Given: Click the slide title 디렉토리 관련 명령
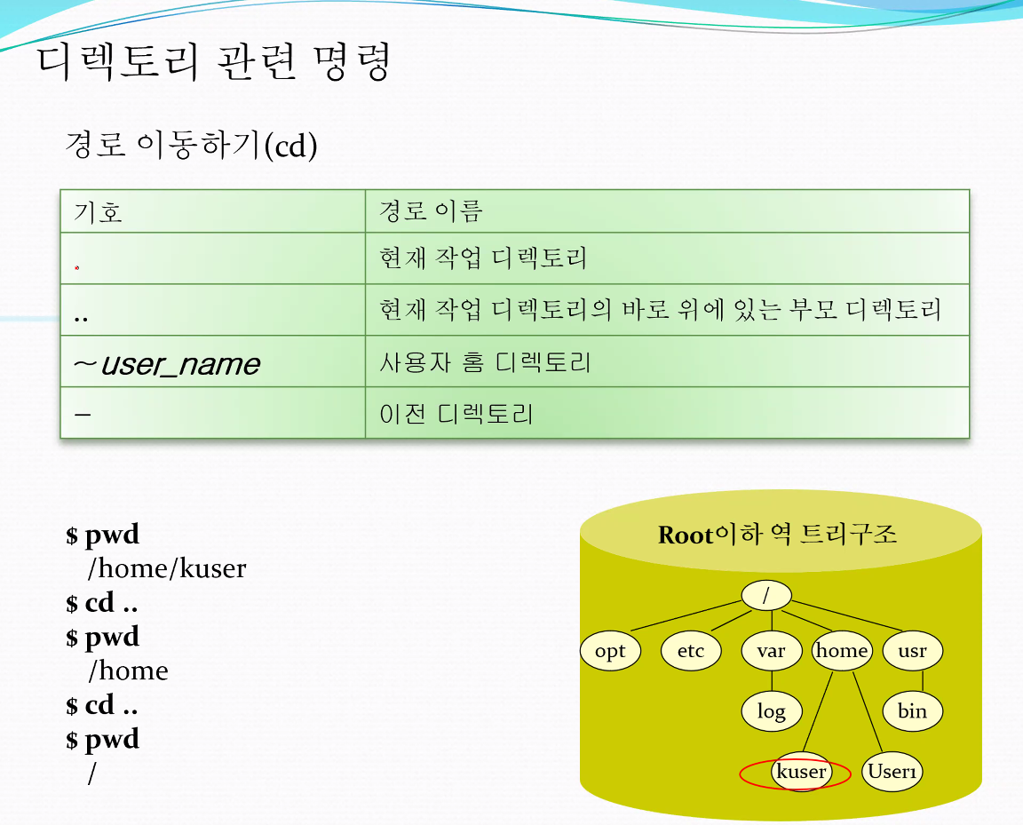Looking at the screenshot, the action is click(x=213, y=61).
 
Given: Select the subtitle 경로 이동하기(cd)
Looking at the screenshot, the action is click(x=191, y=144).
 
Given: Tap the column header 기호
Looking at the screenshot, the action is click(x=98, y=212).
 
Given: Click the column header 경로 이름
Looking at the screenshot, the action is click(x=431, y=210).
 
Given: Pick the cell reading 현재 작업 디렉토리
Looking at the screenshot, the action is click(x=483, y=258).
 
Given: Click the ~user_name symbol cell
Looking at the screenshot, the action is click(x=167, y=363).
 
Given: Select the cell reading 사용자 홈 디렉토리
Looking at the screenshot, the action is click(x=485, y=362).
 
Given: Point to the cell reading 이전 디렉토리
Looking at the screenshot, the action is click(x=456, y=414).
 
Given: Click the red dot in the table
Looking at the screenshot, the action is click(x=77, y=267).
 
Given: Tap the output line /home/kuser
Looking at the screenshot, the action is click(x=167, y=568).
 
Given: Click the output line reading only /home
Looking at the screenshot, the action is click(x=129, y=671).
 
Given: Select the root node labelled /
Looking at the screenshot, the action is click(x=766, y=595).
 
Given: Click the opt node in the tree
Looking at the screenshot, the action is click(x=610, y=651).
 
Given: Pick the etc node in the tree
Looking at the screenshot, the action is click(x=691, y=651).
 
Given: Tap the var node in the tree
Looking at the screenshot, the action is click(x=771, y=651).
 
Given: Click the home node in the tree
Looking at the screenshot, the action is click(x=842, y=651).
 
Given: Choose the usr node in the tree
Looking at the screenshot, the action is click(x=912, y=651).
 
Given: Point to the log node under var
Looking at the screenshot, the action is click(x=771, y=710).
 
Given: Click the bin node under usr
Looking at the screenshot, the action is click(x=912, y=710).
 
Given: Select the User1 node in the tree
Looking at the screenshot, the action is click(x=892, y=772).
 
